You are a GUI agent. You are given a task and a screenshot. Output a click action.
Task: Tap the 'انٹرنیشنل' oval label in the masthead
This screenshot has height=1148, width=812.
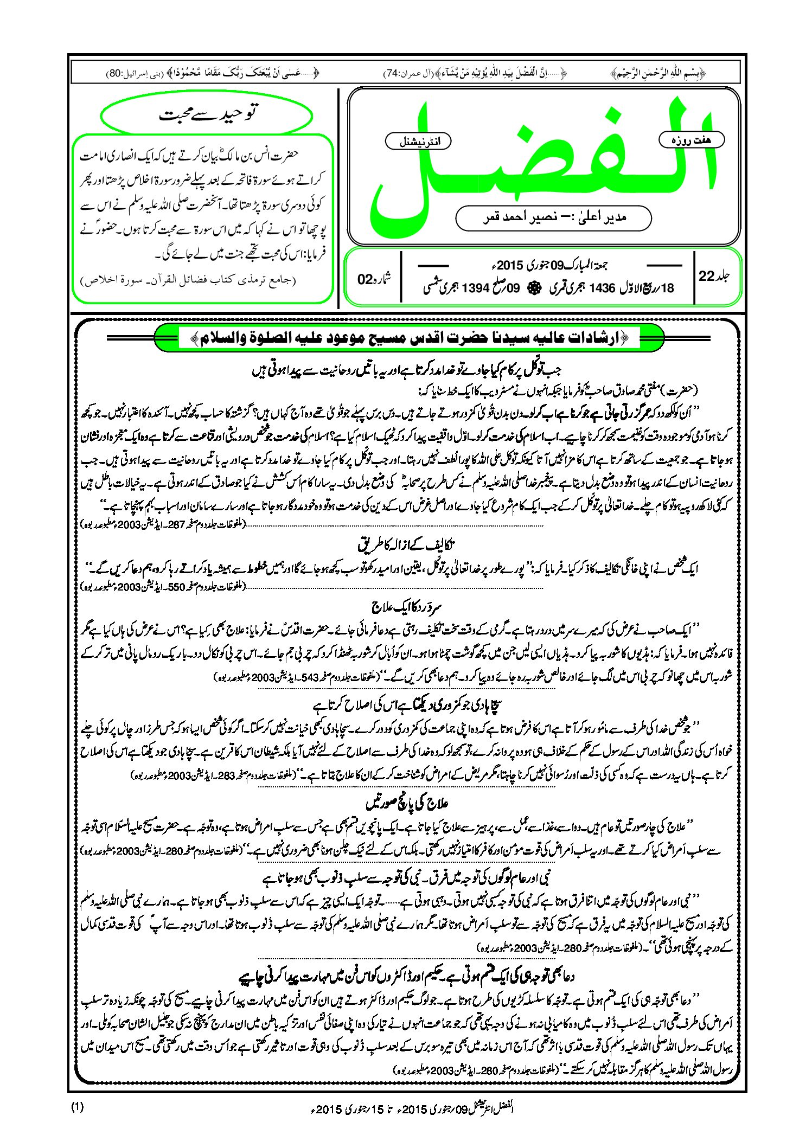(x=418, y=142)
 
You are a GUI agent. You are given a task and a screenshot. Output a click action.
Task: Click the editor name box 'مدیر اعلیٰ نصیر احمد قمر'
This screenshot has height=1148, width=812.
(x=553, y=217)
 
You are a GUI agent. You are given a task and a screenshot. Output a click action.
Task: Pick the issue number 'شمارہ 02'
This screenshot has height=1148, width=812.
(x=374, y=279)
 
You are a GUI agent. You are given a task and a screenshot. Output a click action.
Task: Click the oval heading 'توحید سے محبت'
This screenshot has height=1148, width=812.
(x=207, y=114)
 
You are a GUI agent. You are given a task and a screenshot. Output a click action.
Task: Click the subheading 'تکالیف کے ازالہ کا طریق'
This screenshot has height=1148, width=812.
(x=407, y=544)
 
